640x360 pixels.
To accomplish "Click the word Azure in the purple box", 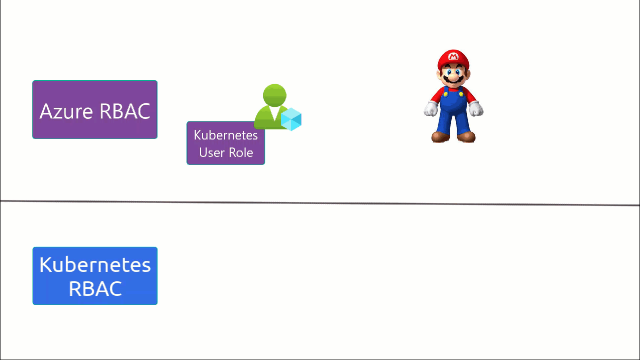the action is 66,111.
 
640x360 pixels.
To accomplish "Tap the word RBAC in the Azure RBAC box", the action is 125,111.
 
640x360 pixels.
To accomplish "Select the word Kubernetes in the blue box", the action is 95,265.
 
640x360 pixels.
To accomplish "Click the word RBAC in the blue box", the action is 95,288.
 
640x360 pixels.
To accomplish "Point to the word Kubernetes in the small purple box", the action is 225,135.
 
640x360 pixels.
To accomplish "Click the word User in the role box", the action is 211,152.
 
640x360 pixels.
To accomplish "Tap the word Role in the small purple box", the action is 241,152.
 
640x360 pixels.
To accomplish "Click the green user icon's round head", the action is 274,95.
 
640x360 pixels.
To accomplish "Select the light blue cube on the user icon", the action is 291,119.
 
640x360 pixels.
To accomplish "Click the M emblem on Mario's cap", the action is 453,56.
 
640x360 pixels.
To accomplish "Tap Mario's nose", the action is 453,76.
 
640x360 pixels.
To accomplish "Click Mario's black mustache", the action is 453,79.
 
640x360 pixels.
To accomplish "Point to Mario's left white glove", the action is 430,108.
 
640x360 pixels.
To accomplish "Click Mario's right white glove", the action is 475,108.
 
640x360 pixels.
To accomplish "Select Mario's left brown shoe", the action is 440,136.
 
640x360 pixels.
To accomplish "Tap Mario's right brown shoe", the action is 466,136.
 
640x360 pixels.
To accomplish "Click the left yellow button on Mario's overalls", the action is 445,93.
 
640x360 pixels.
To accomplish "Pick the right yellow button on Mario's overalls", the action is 461,93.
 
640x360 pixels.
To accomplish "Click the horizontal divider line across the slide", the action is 320,203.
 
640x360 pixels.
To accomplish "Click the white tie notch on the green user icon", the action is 274,113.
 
